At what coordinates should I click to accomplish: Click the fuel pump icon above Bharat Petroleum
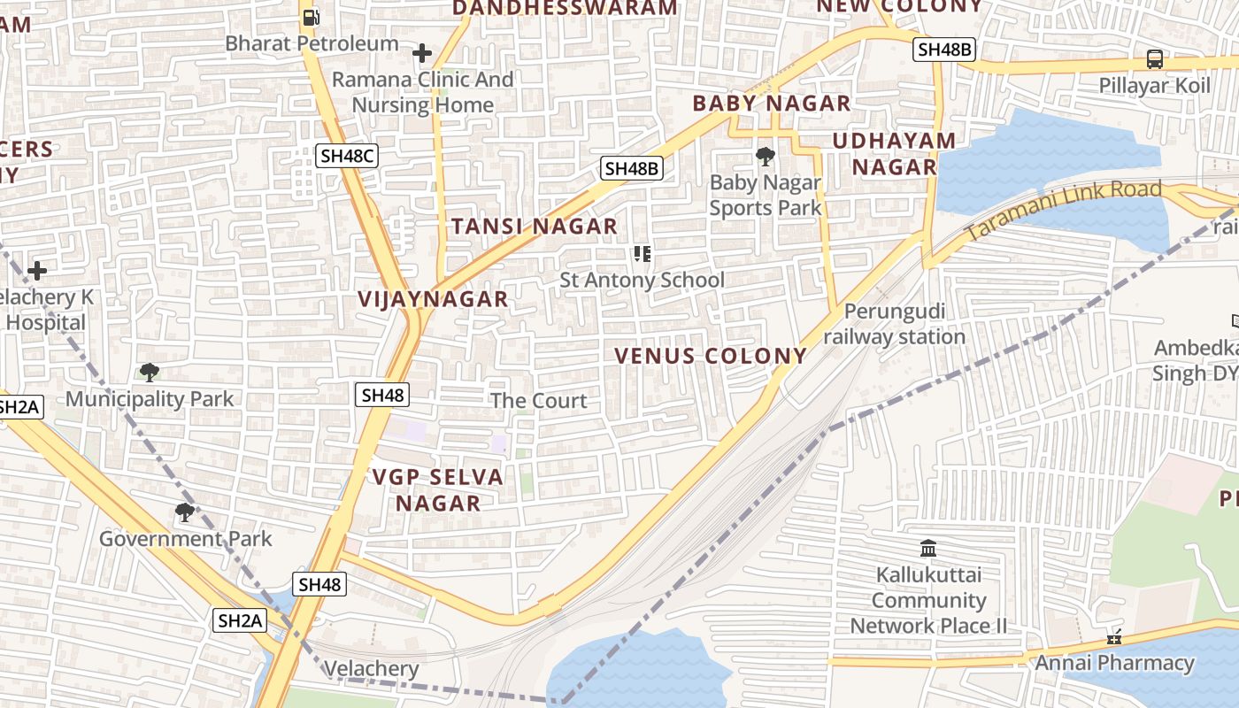pyautogui.click(x=311, y=17)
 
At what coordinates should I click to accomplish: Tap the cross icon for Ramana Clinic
pyautogui.click(x=422, y=53)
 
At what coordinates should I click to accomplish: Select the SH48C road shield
pyautogui.click(x=348, y=157)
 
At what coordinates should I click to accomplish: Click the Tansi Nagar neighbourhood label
pyautogui.click(x=535, y=227)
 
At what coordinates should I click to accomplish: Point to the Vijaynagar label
pyautogui.click(x=433, y=299)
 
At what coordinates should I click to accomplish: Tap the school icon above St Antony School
pyautogui.click(x=643, y=255)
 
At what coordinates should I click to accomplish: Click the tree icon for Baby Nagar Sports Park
pyautogui.click(x=766, y=158)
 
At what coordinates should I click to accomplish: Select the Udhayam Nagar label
pyautogui.click(x=894, y=154)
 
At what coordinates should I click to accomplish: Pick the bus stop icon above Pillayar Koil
pyautogui.click(x=1155, y=59)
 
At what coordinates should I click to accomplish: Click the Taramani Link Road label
pyautogui.click(x=1062, y=209)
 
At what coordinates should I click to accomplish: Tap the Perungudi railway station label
pyautogui.click(x=894, y=324)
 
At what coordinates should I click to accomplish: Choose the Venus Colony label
pyautogui.click(x=711, y=356)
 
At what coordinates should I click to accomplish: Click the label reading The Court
pyautogui.click(x=538, y=401)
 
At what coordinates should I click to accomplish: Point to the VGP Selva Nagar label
pyautogui.click(x=437, y=490)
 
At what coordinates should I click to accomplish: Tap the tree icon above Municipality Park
pyautogui.click(x=150, y=373)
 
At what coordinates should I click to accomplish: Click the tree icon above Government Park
pyautogui.click(x=185, y=512)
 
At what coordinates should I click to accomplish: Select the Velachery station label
pyautogui.click(x=371, y=669)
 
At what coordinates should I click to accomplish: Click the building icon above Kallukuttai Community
pyautogui.click(x=928, y=549)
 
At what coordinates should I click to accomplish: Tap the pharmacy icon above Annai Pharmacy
pyautogui.click(x=1114, y=637)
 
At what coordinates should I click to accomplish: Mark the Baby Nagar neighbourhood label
pyautogui.click(x=771, y=104)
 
